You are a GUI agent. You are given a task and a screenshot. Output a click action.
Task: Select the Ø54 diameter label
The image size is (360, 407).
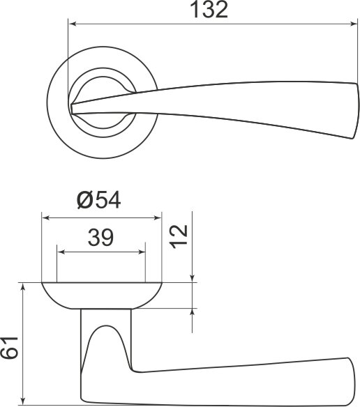[99, 200]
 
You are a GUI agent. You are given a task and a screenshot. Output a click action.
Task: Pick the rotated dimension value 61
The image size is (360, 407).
[10, 346]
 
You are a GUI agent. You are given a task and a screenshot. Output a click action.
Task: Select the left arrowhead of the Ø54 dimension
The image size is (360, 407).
[46, 217]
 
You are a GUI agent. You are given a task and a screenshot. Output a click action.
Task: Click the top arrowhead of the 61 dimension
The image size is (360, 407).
[24, 288]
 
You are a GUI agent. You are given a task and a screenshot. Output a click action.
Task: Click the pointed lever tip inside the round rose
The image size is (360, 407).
[73, 107]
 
